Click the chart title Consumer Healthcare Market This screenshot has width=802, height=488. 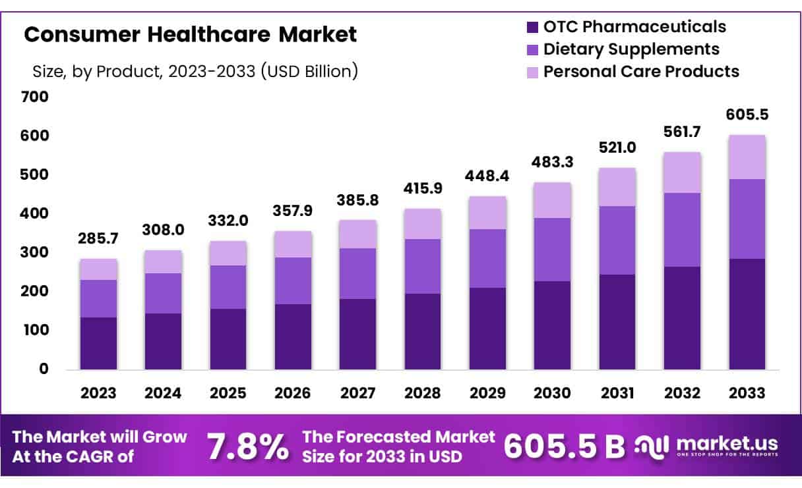[x=190, y=34]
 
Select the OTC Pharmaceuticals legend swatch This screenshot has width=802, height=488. [x=532, y=28]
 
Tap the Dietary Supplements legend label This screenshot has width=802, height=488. [x=631, y=49]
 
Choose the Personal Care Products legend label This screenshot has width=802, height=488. [x=641, y=71]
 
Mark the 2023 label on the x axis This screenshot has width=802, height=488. [x=98, y=393]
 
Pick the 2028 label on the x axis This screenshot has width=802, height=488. [x=423, y=393]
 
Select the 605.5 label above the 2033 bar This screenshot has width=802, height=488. [x=747, y=115]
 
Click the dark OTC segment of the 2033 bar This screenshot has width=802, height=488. [x=747, y=313]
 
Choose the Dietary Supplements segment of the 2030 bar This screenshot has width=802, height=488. [x=553, y=250]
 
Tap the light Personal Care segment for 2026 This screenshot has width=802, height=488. [x=293, y=244]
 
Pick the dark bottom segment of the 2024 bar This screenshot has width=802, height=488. [x=164, y=341]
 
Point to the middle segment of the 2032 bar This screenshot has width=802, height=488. [x=683, y=230]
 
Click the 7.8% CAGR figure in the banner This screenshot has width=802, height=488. [x=247, y=447]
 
